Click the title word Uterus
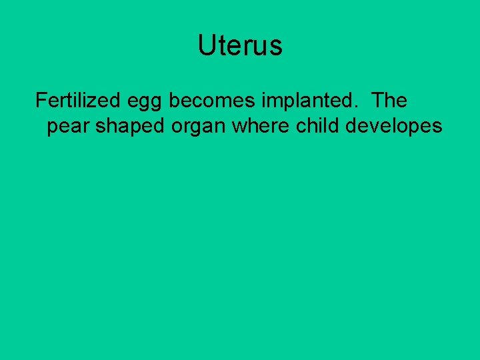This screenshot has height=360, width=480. pyautogui.click(x=240, y=46)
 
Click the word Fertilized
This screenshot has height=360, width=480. pyautogui.click(x=75, y=101)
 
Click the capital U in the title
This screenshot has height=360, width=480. pyautogui.click(x=205, y=46)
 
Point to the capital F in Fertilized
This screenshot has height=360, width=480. pyautogui.click(x=41, y=101)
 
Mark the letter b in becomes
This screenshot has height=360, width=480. pyautogui.click(x=174, y=101)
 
